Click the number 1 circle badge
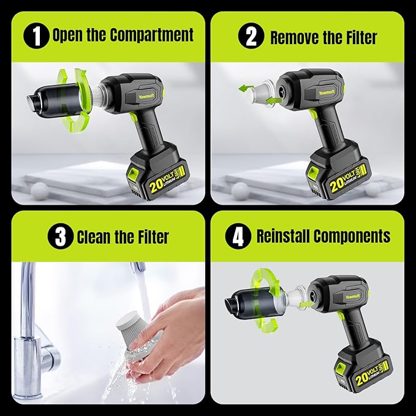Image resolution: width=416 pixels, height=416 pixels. point(36,36)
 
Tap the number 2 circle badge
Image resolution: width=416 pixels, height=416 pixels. point(251,36)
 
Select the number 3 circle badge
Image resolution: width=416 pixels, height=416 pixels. point(61,236)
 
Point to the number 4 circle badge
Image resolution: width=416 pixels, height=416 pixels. point(238,236)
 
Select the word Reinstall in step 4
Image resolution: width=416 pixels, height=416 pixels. point(283,236)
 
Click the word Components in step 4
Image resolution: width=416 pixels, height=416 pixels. point(352,236)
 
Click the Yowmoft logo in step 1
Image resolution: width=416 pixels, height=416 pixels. point(146,96)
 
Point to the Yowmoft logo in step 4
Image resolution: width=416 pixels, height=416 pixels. point(353,297)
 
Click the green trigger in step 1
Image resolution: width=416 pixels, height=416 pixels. point(134,117)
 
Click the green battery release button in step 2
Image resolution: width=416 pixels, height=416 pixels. point(313,173)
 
